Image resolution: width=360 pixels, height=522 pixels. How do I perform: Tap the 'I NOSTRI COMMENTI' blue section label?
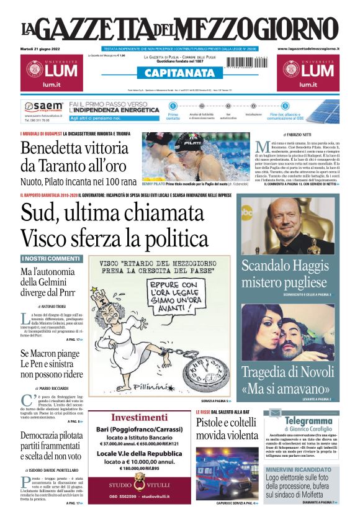[51, 258]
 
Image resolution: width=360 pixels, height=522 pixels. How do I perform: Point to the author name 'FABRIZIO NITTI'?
[301, 134]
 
